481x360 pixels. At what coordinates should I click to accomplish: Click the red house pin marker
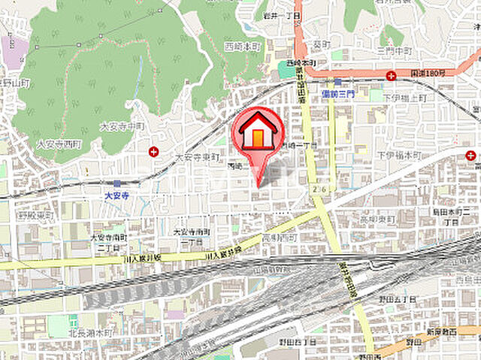click(258, 133)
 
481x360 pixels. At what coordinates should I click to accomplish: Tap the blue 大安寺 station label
click(116, 193)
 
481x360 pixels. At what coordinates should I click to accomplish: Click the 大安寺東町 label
click(195, 157)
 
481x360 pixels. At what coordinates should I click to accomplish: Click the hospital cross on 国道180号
click(391, 75)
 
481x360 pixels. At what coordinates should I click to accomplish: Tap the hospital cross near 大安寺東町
click(153, 151)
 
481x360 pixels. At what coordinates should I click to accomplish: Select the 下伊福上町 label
click(406, 98)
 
